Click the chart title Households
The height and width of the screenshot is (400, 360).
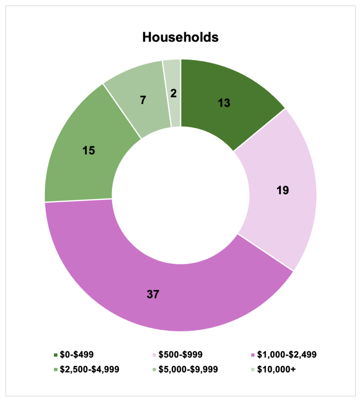click(180, 37)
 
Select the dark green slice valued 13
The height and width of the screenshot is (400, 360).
click(242, 117)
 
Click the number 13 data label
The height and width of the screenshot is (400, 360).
click(224, 103)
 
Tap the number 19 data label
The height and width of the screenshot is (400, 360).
click(282, 190)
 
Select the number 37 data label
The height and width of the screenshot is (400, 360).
click(153, 294)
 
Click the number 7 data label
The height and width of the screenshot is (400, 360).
click(143, 100)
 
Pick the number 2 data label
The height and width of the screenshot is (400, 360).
click(173, 93)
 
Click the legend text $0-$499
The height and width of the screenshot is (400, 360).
click(77, 355)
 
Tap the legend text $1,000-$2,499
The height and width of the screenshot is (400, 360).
click(286, 355)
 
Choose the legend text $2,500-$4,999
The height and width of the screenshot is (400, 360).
click(89, 369)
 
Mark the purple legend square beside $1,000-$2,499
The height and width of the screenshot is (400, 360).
click(252, 355)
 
